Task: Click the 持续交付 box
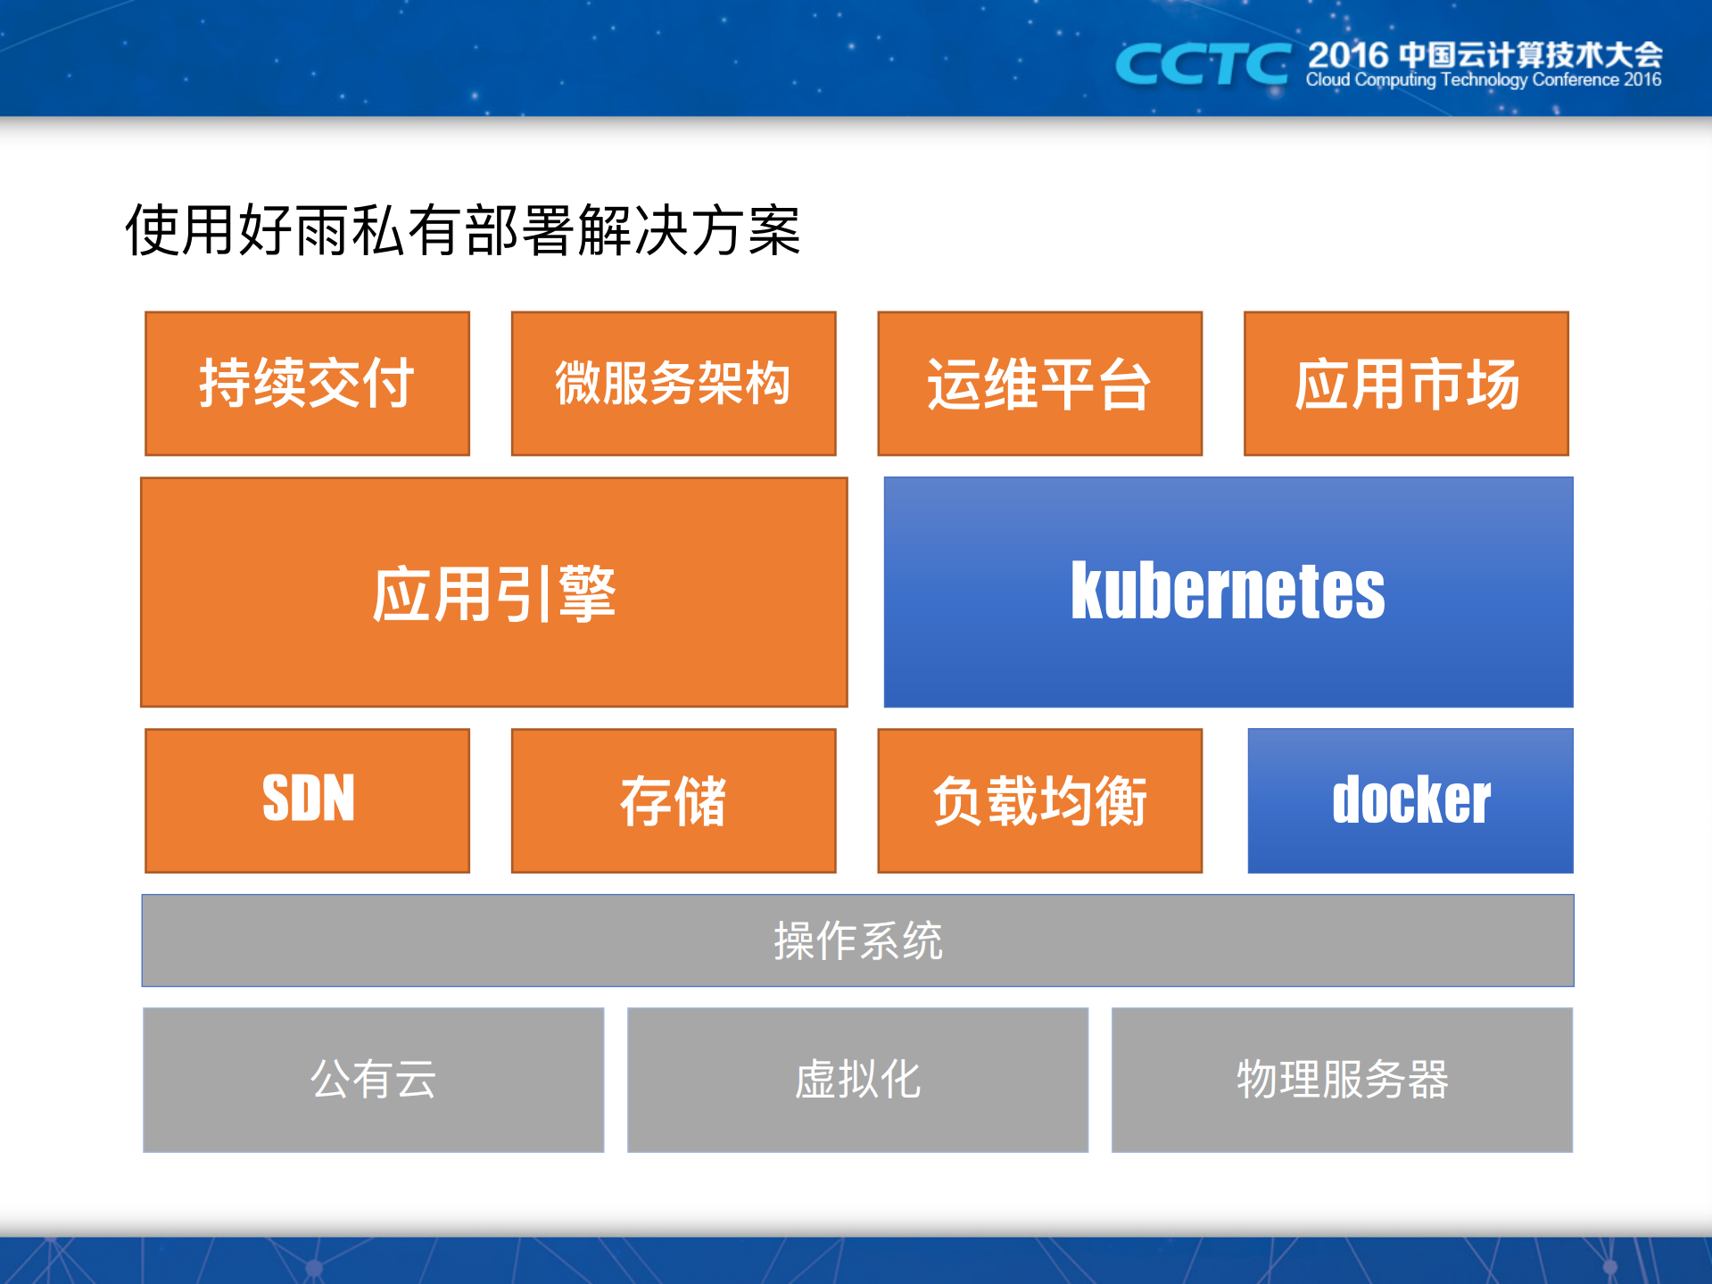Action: tap(307, 384)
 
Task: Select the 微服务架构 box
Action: tap(674, 384)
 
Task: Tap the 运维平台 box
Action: tap(1039, 384)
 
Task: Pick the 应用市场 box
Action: tap(1406, 384)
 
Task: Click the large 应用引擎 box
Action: tap(493, 592)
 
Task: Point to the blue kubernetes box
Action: tap(1228, 592)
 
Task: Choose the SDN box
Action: tap(307, 800)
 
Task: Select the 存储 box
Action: tap(674, 800)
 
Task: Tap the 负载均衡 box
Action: tap(1039, 800)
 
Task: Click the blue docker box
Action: tap(1410, 800)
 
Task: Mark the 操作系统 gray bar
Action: tap(857, 940)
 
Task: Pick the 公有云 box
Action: tap(373, 1080)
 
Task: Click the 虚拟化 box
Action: tap(857, 1080)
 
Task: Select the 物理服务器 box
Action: tap(1342, 1080)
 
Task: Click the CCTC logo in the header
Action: tap(1203, 64)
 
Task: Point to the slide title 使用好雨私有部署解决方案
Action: tap(462, 230)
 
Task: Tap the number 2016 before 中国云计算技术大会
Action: tap(1348, 55)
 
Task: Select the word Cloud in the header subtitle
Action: tap(1327, 80)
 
